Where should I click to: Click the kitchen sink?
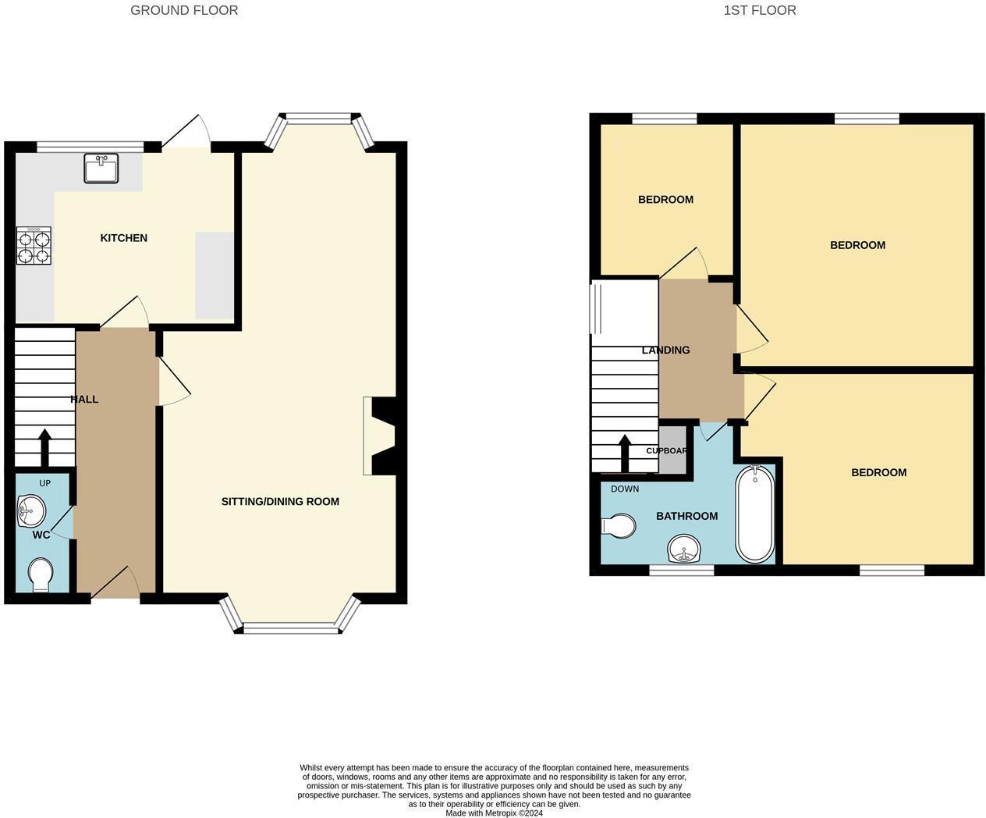coord(101,168)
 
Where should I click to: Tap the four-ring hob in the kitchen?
coord(34,245)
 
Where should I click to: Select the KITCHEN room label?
coord(124,238)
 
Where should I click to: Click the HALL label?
coord(84,400)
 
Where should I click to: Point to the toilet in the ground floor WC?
coord(41,574)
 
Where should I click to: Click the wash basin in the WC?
coord(31,510)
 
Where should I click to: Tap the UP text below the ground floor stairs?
coord(45,483)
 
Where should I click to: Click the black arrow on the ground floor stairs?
coord(45,448)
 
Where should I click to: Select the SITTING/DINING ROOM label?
coord(281,501)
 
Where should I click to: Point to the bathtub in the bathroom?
coord(754,514)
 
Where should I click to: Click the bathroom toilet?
coord(618,525)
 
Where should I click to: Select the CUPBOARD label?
coord(666,450)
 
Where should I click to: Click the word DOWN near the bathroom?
coord(625,489)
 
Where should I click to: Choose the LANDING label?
coord(666,350)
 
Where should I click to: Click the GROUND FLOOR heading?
coord(184,10)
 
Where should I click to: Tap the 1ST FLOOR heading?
coord(760,10)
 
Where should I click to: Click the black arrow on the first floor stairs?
coord(625,453)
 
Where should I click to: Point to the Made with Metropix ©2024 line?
coord(494,813)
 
